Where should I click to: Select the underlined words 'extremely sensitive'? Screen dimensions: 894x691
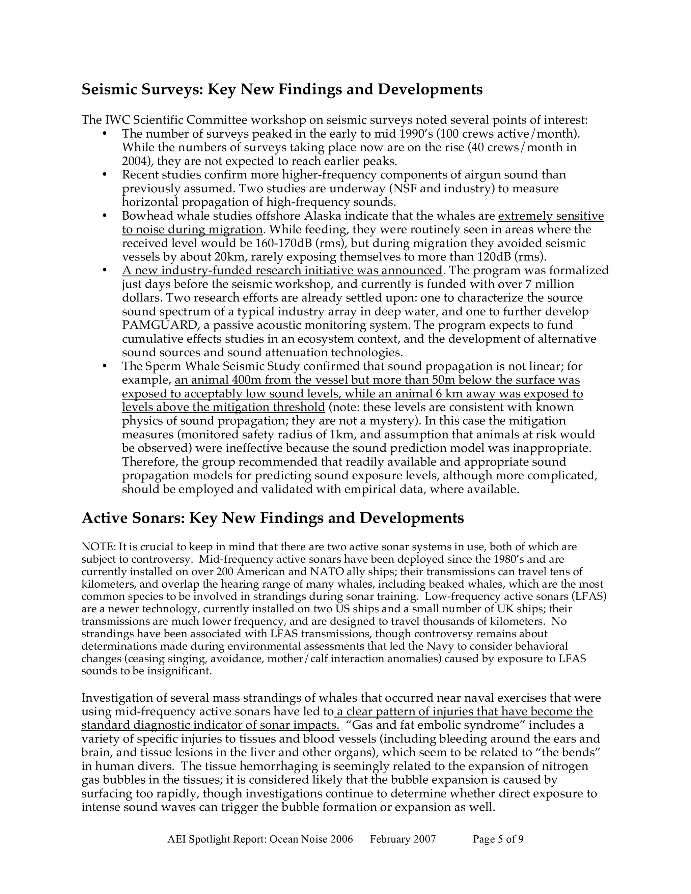551,216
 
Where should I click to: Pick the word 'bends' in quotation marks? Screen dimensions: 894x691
579,752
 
